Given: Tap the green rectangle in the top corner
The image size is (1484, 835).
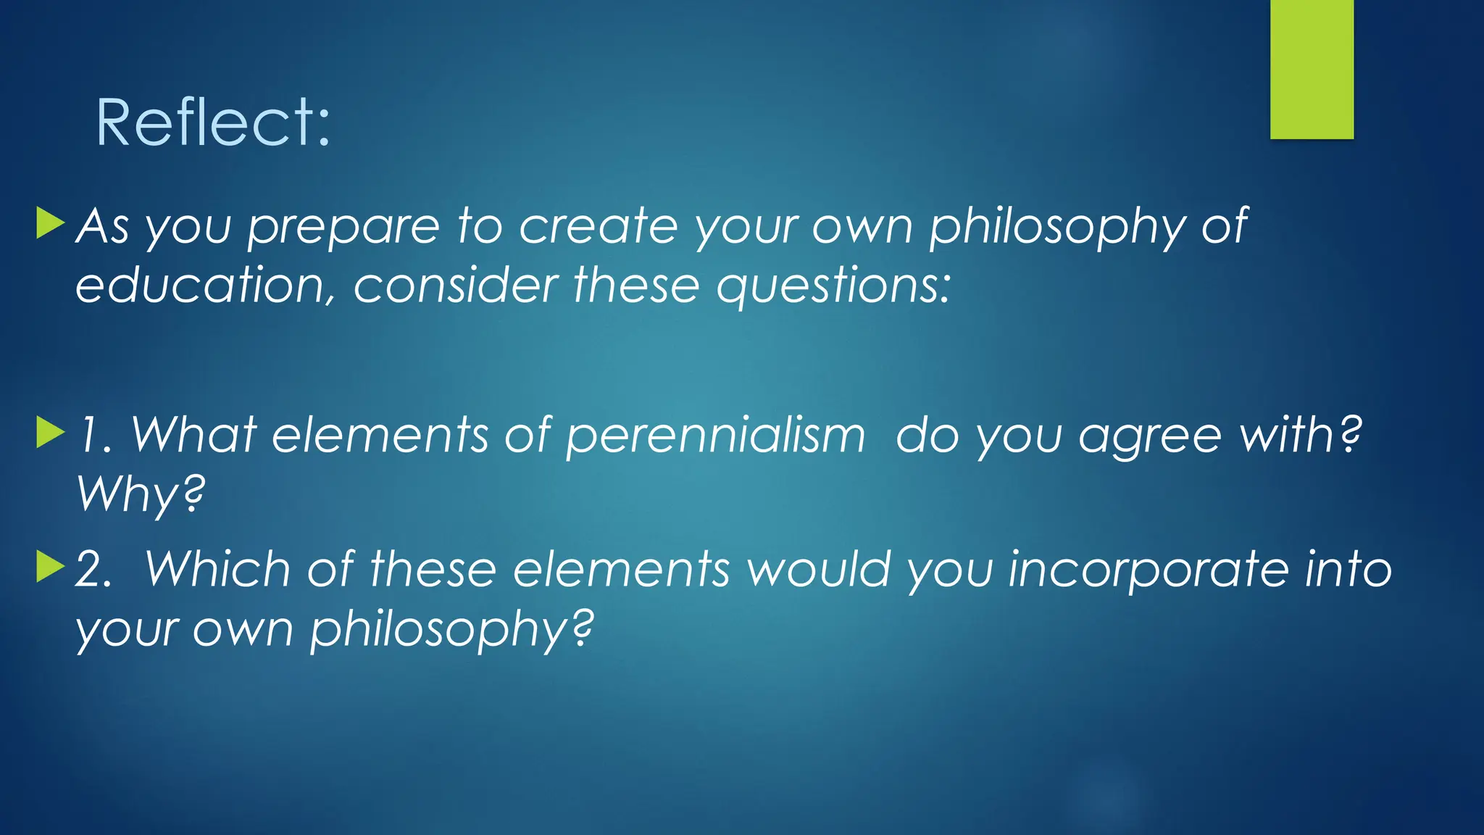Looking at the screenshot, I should pos(1312,70).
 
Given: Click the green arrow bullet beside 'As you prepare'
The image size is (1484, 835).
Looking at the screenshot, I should pos(50,223).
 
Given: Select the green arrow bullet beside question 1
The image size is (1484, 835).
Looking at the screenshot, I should pos(50,432).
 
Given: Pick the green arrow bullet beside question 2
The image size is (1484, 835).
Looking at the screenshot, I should pos(50,566).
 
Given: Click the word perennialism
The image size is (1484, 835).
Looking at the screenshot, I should pos(715,436).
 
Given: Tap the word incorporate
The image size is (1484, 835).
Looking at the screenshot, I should pos(1149,570).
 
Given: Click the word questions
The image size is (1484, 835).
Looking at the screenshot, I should pos(833,286).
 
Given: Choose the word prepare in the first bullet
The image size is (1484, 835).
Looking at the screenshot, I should pos(343,228).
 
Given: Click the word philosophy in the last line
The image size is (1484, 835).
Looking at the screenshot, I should pos(451,630).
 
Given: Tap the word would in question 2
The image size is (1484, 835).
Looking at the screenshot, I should pos(819,569).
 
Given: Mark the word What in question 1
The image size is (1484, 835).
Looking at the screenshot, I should pos(193,436).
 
